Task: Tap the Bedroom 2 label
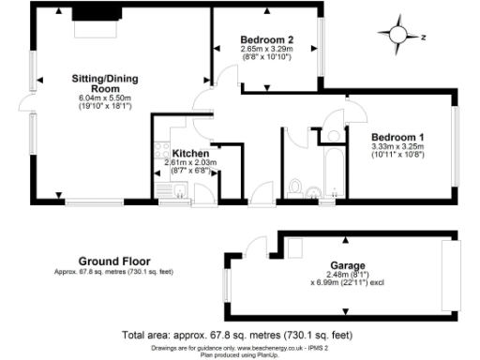pos(266,39)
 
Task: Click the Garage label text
pos(346,265)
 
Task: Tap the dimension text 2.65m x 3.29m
pos(266,49)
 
